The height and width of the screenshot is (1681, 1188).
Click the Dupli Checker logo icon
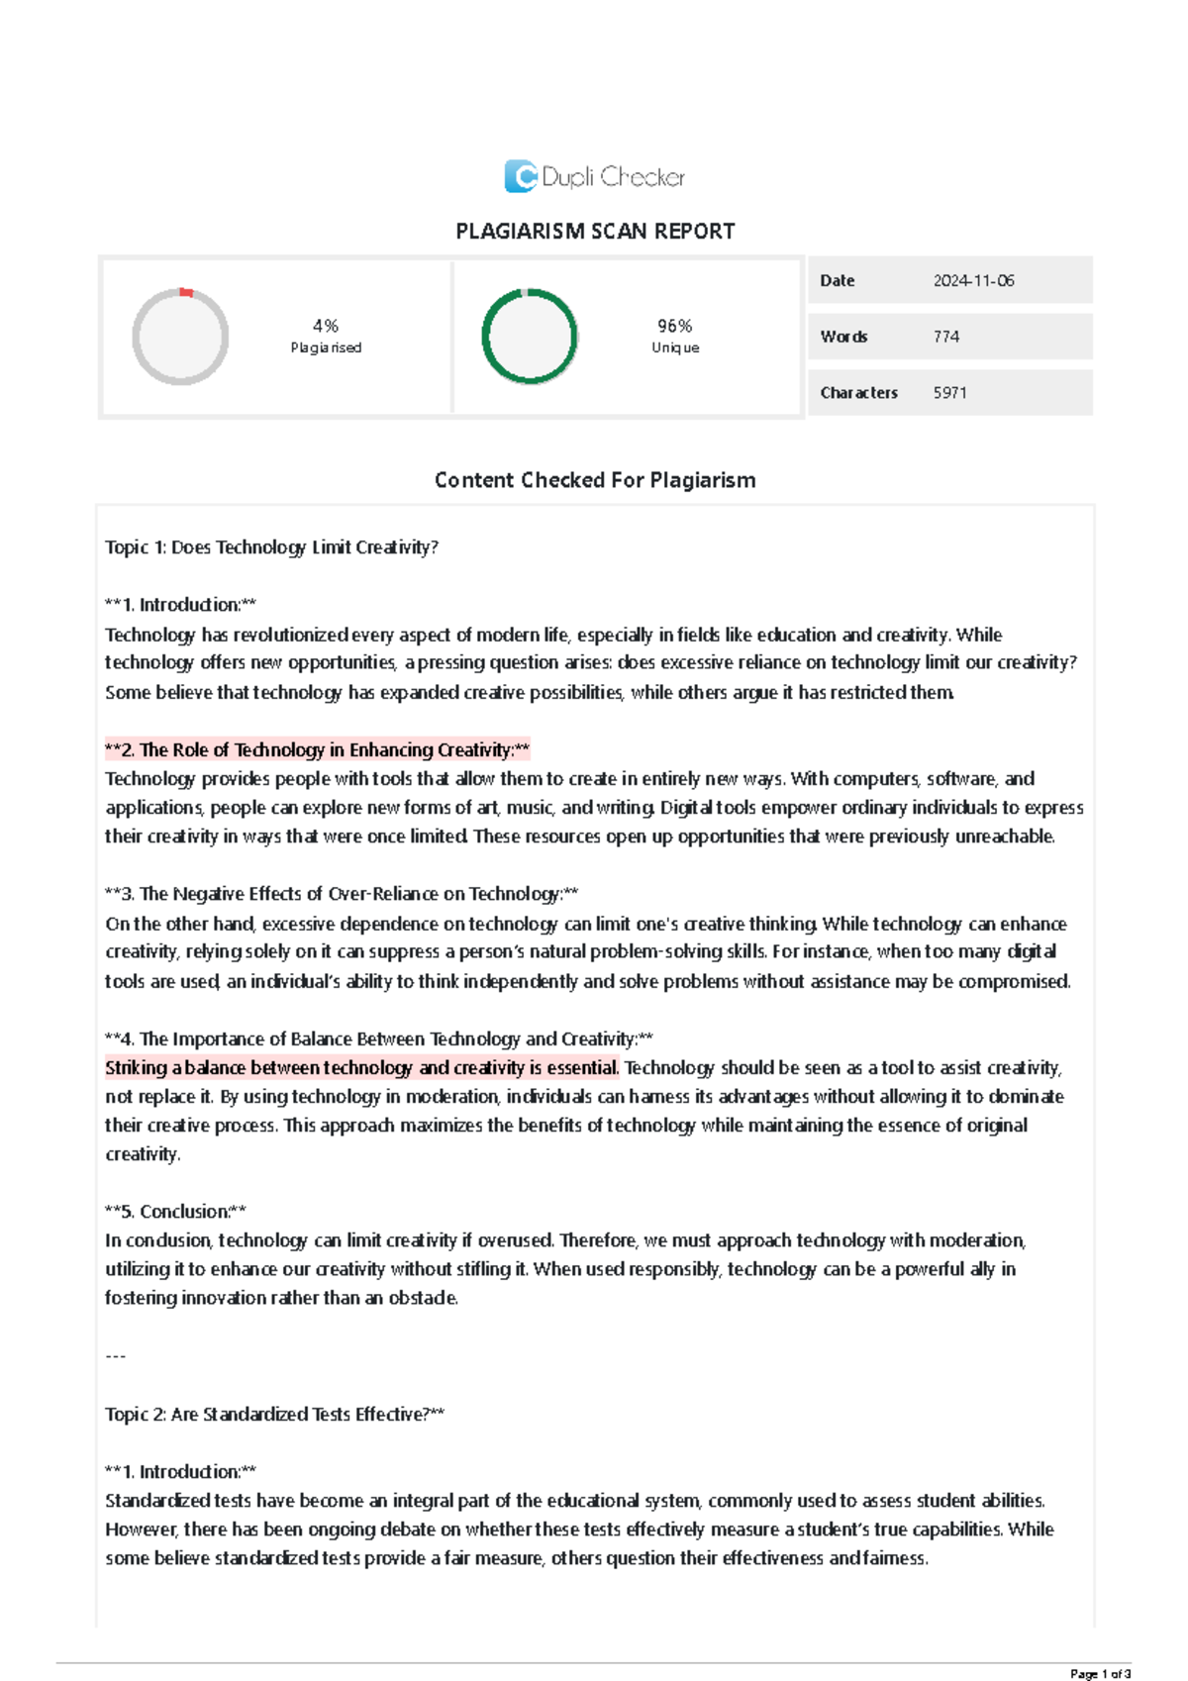[521, 176]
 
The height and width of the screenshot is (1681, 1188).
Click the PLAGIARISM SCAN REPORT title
[595, 232]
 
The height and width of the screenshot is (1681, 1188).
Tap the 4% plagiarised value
[326, 326]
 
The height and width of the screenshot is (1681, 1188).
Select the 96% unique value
[675, 326]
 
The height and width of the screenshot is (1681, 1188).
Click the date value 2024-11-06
[973, 281]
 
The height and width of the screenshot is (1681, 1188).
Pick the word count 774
[946, 337]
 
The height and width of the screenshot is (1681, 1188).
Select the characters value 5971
[949, 393]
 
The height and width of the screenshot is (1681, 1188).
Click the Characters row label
[858, 393]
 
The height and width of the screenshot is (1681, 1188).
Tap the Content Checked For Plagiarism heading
[595, 480]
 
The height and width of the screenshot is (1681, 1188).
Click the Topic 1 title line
[271, 547]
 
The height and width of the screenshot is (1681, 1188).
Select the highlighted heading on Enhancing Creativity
[318, 750]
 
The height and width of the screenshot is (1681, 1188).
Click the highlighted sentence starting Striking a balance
[362, 1068]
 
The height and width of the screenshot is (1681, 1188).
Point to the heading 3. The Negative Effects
[342, 894]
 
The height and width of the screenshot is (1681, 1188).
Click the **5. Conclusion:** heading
[175, 1212]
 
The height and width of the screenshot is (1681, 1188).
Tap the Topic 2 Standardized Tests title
[274, 1415]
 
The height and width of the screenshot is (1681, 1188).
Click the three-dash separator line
[115, 1356]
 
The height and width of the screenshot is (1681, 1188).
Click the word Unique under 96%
[675, 348]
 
